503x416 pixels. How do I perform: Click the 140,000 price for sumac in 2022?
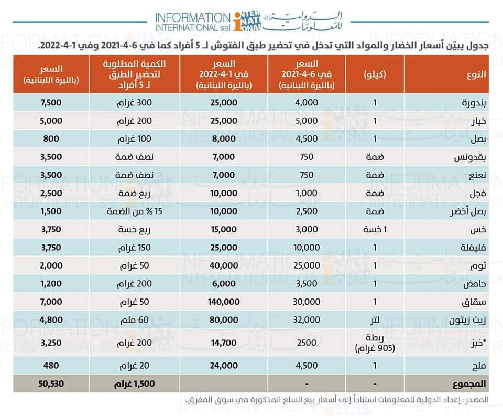click(224, 302)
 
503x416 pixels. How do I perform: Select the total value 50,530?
click(51, 383)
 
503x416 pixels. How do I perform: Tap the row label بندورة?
click(474, 103)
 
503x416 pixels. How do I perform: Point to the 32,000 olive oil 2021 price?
click(307, 319)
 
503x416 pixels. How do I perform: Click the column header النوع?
click(476, 74)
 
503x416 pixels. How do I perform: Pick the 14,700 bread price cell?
click(224, 343)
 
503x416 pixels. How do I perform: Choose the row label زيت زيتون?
click(467, 320)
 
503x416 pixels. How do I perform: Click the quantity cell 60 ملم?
click(134, 319)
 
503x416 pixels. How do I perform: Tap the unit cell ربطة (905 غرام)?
click(375, 343)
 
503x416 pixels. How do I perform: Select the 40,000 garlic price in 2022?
click(224, 265)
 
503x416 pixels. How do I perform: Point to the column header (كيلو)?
click(375, 74)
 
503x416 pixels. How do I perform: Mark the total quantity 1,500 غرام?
click(134, 383)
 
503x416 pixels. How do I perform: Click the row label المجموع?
click(468, 384)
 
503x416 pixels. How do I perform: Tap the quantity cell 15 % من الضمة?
click(134, 211)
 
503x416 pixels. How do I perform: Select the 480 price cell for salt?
click(51, 366)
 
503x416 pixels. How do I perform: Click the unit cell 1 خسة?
click(375, 229)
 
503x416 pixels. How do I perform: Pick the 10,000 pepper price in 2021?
click(307, 248)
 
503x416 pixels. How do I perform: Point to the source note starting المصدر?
click(337, 400)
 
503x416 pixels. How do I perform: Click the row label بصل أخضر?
click(468, 211)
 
